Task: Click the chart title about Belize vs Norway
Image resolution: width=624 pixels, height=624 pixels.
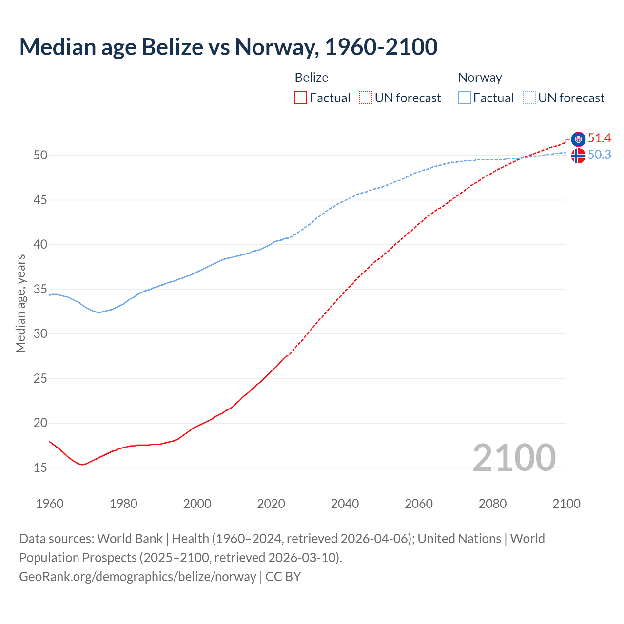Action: pyautogui.click(x=228, y=47)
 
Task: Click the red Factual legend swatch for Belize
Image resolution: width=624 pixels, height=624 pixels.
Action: pyautogui.click(x=301, y=98)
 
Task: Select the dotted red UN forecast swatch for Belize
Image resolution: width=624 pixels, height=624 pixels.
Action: pyautogui.click(x=366, y=98)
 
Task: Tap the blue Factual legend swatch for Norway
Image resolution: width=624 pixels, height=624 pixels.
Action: pyautogui.click(x=465, y=98)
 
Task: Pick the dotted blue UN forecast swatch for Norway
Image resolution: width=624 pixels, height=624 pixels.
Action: pyautogui.click(x=529, y=98)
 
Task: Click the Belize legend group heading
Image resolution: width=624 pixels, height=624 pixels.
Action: pyautogui.click(x=312, y=78)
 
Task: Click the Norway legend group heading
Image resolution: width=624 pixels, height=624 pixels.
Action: pyautogui.click(x=480, y=78)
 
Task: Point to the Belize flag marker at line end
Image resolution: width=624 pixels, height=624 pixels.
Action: pyautogui.click(x=578, y=139)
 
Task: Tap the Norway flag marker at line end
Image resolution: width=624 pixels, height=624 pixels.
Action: pyautogui.click(x=578, y=156)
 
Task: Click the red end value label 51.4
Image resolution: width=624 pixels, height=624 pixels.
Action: pyautogui.click(x=599, y=138)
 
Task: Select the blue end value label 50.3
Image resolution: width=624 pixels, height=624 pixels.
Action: pyautogui.click(x=599, y=155)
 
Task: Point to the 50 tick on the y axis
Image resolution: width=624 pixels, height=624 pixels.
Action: pyautogui.click(x=40, y=156)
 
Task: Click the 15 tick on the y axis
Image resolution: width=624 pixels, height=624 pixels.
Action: pyautogui.click(x=40, y=468)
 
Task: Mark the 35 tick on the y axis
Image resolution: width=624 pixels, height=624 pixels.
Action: pyautogui.click(x=40, y=289)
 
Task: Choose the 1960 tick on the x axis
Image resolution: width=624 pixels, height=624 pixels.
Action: pyautogui.click(x=50, y=504)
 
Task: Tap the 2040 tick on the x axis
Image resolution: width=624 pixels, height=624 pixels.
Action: pyautogui.click(x=345, y=504)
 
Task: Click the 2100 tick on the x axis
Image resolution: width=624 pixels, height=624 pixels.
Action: pyautogui.click(x=566, y=504)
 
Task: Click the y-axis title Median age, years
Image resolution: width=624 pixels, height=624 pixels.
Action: pyautogui.click(x=20, y=303)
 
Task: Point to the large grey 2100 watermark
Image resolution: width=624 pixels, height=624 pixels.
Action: pyautogui.click(x=514, y=457)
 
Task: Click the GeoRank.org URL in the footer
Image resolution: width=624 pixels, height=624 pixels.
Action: pyautogui.click(x=137, y=577)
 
